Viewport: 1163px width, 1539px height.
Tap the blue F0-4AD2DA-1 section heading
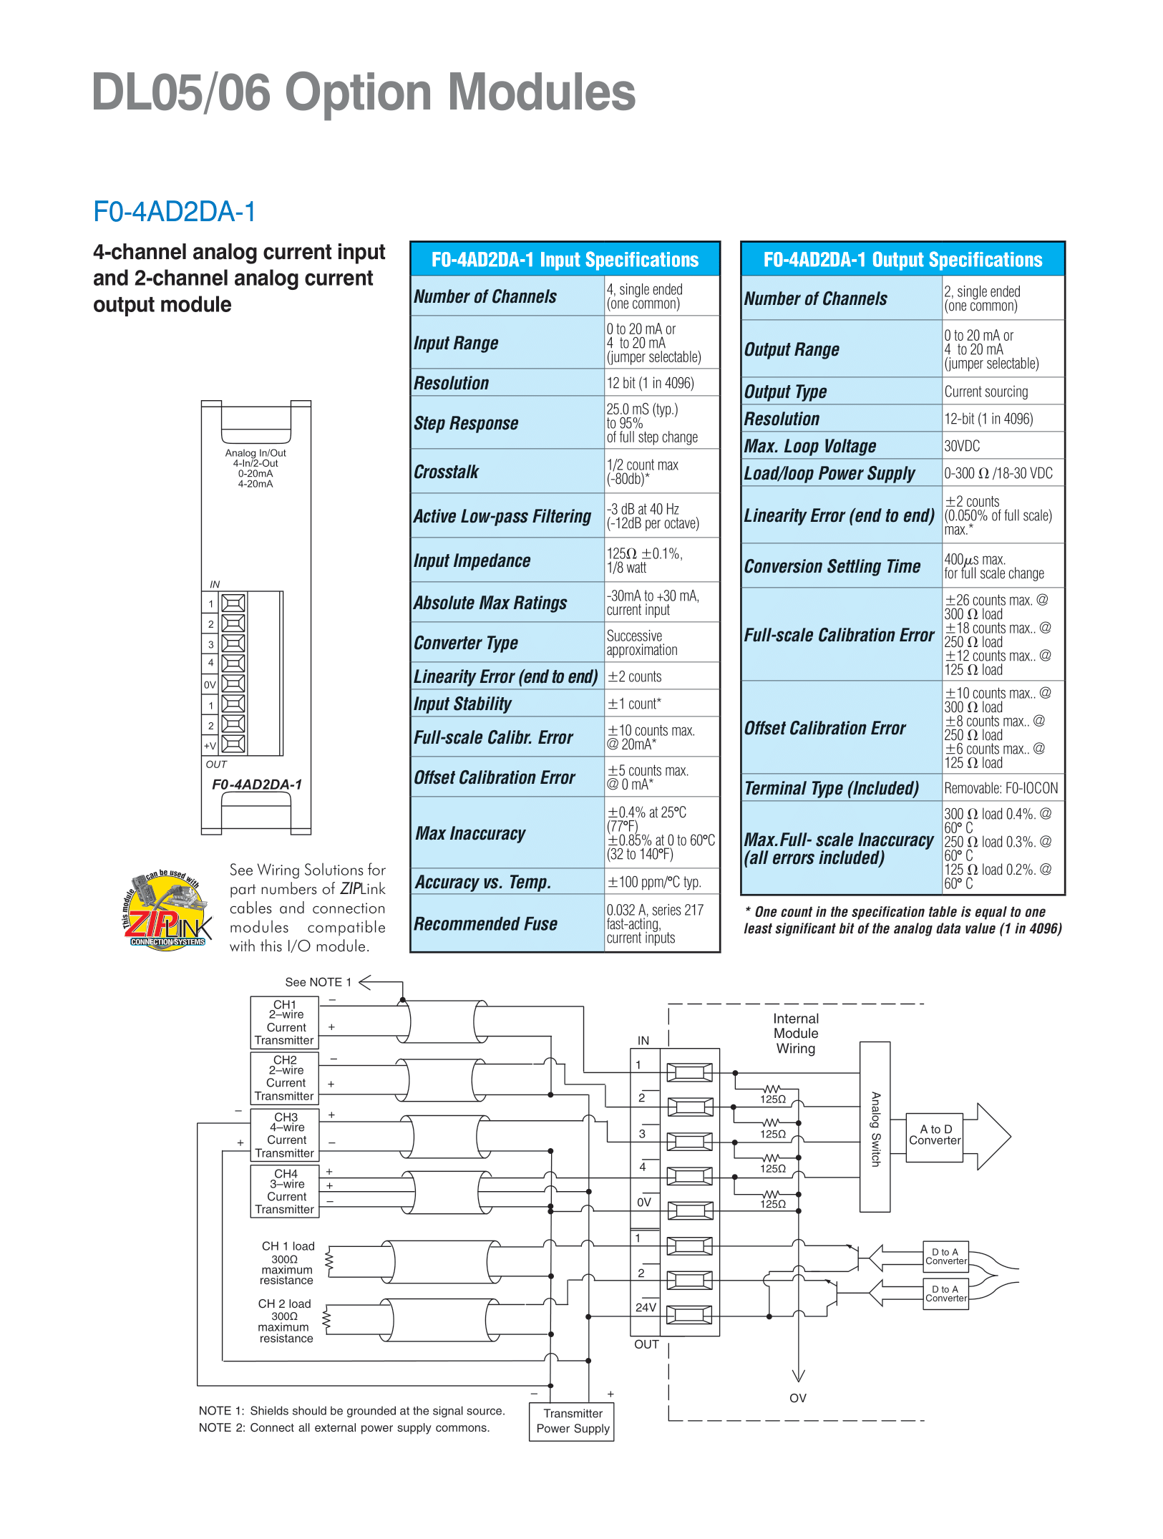coord(174,212)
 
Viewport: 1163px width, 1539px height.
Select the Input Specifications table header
coord(565,259)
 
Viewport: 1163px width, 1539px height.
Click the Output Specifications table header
coord(902,259)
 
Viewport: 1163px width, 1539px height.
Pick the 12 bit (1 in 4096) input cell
coord(651,383)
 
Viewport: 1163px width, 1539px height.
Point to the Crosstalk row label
coord(447,472)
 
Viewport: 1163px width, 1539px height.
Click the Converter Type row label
coord(466,643)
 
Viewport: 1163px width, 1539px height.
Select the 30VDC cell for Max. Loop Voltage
coord(962,446)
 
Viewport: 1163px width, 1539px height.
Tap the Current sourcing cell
coord(986,392)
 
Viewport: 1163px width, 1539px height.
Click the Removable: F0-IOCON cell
coord(1001,788)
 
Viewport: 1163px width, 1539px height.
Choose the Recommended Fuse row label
coord(486,924)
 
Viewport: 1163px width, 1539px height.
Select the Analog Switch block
coord(875,1127)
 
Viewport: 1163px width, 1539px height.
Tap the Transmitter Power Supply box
coord(572,1422)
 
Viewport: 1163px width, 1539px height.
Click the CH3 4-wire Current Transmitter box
coord(285,1135)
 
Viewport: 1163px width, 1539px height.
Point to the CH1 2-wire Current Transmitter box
coord(285,1022)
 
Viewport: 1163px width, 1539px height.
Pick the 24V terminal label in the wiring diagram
coord(646,1307)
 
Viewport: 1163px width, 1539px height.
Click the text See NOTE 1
coord(318,982)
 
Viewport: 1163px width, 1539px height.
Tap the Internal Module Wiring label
coord(796,1034)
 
